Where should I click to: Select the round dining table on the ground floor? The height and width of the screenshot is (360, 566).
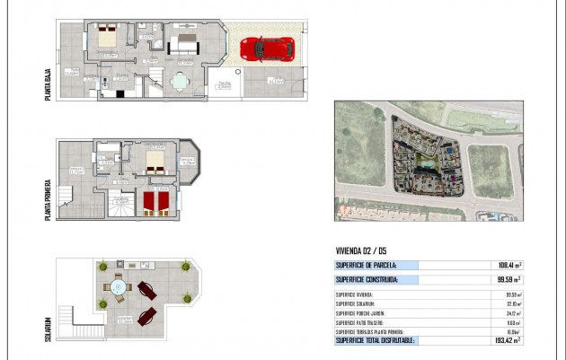pyautogui.click(x=181, y=81)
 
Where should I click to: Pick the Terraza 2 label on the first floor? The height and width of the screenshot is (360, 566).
pyautogui.click(x=187, y=161)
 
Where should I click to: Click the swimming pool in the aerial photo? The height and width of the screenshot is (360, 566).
pyautogui.click(x=425, y=165)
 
